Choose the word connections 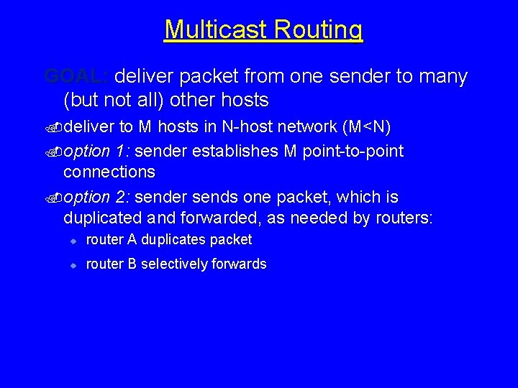(x=109, y=172)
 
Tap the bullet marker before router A (x=73, y=240)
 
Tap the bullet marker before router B (x=73, y=264)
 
